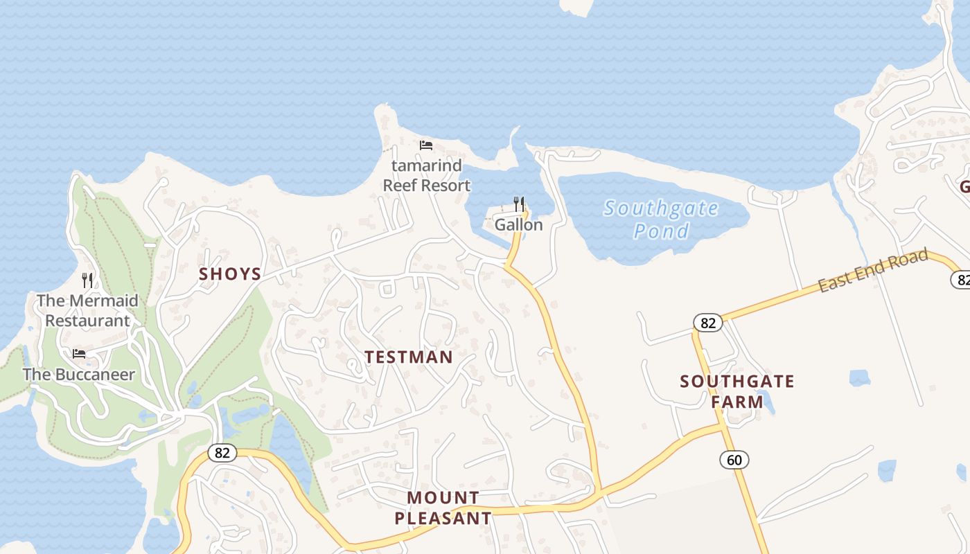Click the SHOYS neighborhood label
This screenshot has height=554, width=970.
(230, 274)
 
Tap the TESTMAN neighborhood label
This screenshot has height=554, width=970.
(409, 357)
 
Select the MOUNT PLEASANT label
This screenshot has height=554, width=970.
(443, 508)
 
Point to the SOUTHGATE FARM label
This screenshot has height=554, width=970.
(737, 391)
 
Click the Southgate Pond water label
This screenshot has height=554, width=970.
(661, 219)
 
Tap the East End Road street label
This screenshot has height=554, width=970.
(872, 271)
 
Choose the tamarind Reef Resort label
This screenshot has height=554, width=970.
(426, 176)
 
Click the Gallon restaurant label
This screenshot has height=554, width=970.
(518, 225)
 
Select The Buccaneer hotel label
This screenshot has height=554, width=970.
(78, 375)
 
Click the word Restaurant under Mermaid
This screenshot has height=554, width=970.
(87, 321)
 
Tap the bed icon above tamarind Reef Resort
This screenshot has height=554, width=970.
(426, 145)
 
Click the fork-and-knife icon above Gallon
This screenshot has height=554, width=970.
(519, 204)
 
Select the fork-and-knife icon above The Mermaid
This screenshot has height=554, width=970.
(87, 280)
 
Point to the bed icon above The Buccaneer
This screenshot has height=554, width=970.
(79, 354)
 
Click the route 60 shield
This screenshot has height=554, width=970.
(734, 459)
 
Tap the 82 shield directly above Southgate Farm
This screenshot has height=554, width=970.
(707, 323)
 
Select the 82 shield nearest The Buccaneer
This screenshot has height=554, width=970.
(222, 454)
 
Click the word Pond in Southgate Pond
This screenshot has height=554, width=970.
(661, 231)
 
